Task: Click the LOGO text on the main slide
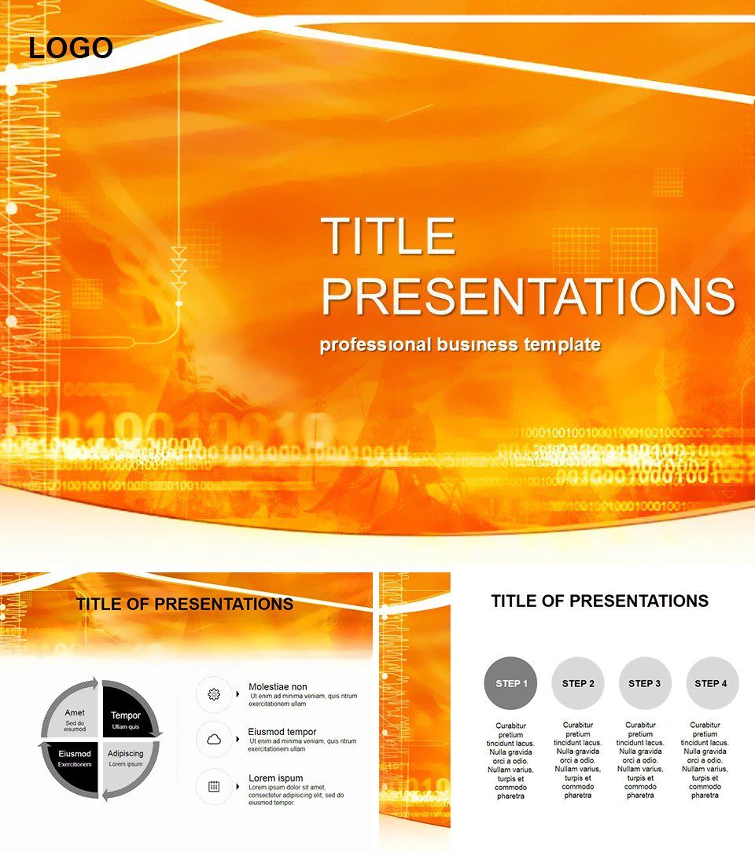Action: pos(71,49)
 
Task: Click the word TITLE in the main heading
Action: pos(389,237)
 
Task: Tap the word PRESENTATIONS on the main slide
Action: pos(528,296)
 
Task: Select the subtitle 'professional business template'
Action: pos(460,344)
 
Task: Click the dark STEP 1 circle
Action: pos(510,683)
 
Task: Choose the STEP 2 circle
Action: pos(578,683)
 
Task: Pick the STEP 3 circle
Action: pos(645,683)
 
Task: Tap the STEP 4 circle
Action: pos(712,683)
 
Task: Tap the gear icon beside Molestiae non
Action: pos(213,694)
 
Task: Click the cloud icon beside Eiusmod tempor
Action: pos(213,739)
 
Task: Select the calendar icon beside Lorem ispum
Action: pos(213,785)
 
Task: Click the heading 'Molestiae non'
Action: pos(278,686)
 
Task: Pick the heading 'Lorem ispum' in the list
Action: pos(276,778)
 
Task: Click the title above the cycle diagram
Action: pos(185,604)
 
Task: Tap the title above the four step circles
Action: pos(599,601)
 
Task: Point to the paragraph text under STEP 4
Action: pos(705,760)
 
